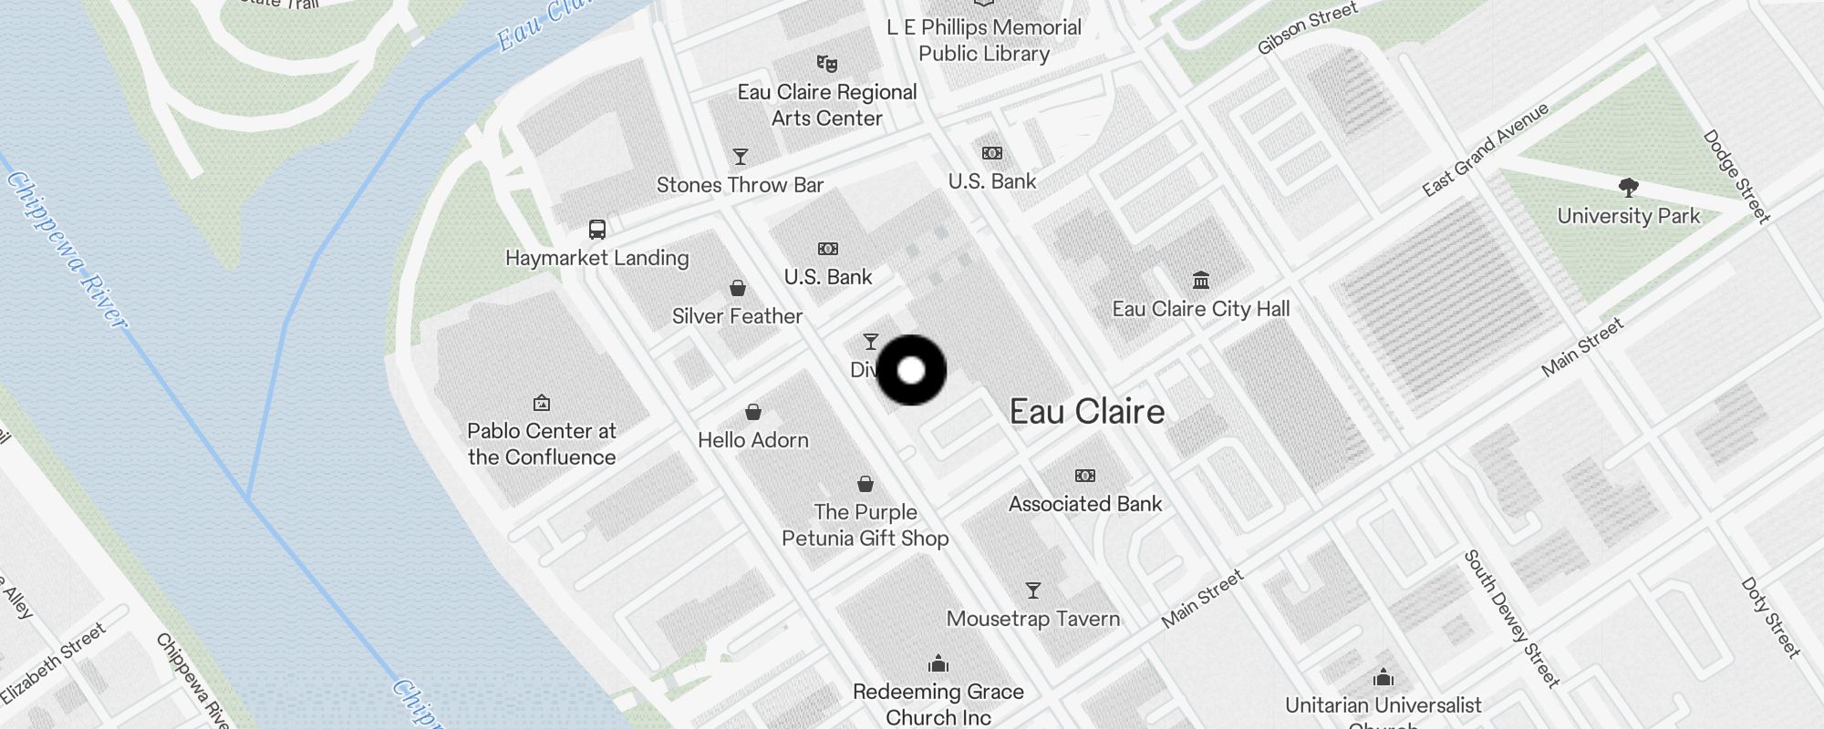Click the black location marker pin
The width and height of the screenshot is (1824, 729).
coord(911,370)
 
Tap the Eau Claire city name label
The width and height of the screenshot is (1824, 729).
coord(1087,412)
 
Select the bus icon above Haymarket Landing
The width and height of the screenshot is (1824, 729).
coord(597,229)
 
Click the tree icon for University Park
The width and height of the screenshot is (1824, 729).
coord(1629,188)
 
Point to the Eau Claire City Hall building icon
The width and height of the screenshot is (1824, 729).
coord(1201,280)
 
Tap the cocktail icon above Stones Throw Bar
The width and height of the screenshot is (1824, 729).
coord(741,157)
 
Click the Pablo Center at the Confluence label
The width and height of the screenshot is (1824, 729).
coord(542,444)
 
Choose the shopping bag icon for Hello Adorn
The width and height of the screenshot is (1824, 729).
coord(753,412)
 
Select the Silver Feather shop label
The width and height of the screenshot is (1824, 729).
coord(737,316)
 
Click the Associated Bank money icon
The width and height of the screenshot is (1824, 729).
coord(1085,476)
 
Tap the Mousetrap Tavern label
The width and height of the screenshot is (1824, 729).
coord(1033,619)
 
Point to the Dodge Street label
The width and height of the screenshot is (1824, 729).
coord(1736,176)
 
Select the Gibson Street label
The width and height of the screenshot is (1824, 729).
coord(1307,27)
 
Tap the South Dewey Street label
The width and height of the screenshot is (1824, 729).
coord(1511,618)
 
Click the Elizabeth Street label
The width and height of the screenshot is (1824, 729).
coord(54,662)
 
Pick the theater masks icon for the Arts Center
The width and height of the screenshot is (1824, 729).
coord(827,64)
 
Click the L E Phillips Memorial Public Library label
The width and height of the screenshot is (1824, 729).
coord(984,40)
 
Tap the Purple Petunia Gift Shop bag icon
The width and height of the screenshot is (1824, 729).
coord(865,484)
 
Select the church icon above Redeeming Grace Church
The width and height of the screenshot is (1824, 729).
coord(938,662)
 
